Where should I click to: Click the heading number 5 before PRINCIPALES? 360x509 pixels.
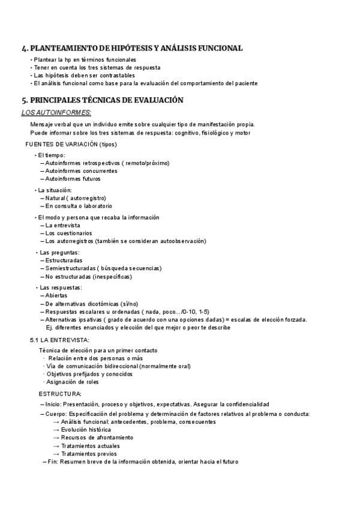[x=23, y=100]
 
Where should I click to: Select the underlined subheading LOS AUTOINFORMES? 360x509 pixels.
[x=56, y=112]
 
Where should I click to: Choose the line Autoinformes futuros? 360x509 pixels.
[x=73, y=178]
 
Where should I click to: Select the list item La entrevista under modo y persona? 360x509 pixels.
[x=62, y=225]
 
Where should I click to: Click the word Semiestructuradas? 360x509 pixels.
[x=71, y=268]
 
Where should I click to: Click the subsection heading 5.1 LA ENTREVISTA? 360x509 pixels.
[x=59, y=340]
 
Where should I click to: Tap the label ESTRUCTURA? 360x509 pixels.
[x=60, y=394]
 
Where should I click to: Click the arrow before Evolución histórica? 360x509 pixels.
[x=56, y=430]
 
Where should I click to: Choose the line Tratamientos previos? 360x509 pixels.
[x=89, y=454]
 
